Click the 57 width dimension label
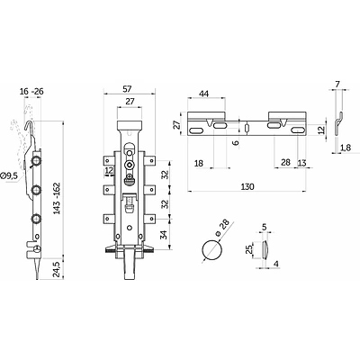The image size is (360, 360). click(x=128, y=89)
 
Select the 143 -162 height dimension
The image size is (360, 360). click(x=57, y=198)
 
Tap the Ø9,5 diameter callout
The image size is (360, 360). click(x=9, y=176)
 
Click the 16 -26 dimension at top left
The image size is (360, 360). click(x=31, y=92)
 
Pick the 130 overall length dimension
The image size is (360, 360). click(x=247, y=187)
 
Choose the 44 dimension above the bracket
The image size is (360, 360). click(x=203, y=94)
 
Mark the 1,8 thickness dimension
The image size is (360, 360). click(x=346, y=148)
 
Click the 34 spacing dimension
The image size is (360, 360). click(x=164, y=235)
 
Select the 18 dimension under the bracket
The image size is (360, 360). click(x=199, y=164)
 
